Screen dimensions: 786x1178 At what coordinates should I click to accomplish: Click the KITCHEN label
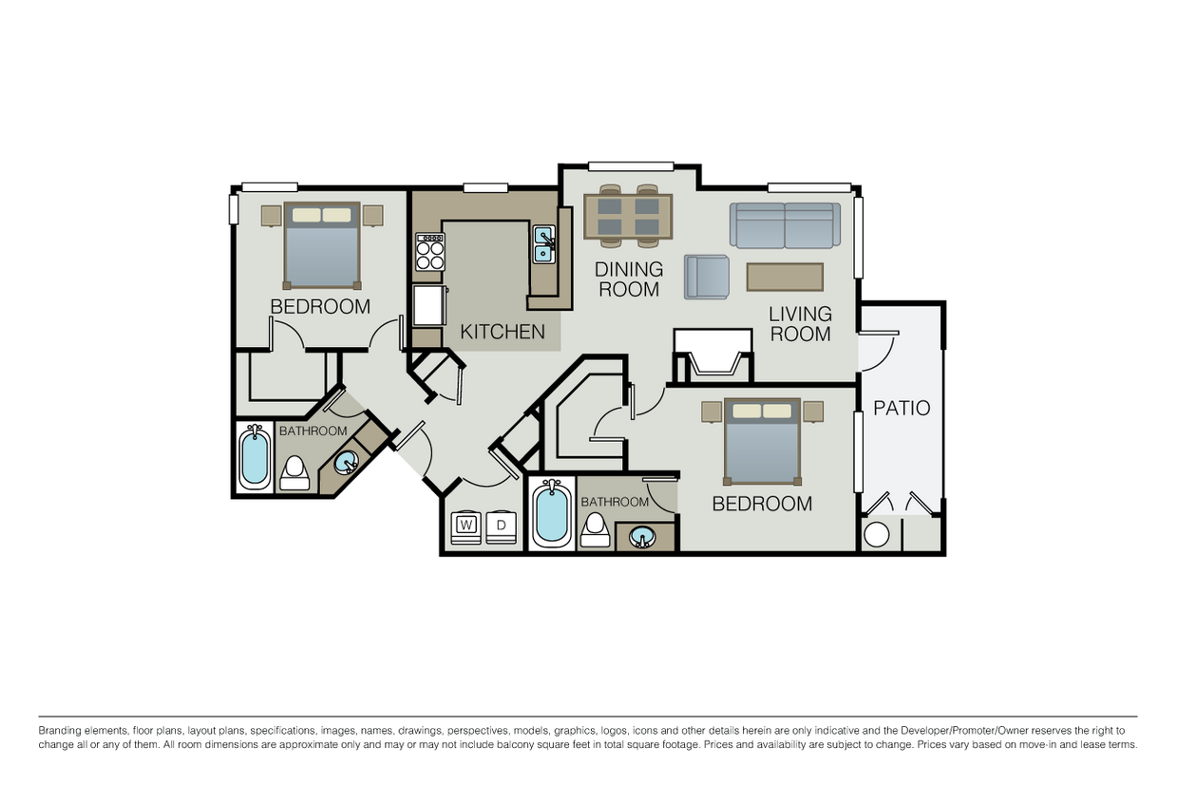503,332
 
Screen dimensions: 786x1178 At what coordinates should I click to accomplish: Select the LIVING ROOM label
800,323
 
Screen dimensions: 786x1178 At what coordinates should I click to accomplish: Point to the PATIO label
902,409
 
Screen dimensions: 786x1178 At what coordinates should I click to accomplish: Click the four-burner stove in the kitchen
429,252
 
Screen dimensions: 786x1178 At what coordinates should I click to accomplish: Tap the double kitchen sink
544,243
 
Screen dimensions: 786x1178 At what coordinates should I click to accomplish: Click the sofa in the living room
785,225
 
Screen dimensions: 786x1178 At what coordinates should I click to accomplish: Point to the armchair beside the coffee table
706,277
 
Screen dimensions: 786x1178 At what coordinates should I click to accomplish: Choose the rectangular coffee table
785,277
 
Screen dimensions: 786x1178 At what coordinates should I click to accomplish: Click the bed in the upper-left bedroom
322,245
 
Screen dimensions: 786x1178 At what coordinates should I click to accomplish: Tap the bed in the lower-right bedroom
763,441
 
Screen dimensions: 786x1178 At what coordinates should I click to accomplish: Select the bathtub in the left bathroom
255,457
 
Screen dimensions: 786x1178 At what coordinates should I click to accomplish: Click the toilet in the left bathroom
294,472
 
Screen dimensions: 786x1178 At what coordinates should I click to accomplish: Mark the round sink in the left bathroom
346,463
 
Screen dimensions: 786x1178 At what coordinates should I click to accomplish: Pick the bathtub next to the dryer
552,513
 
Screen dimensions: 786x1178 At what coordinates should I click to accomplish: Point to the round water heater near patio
877,534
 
